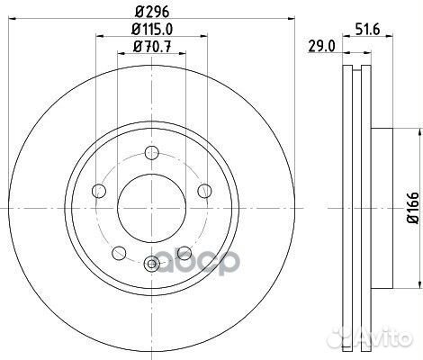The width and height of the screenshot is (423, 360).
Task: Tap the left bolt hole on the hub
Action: click(100, 189)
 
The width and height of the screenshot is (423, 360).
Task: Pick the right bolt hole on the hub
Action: click(205, 188)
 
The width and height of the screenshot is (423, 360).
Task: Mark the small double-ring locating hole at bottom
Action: click(152, 264)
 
